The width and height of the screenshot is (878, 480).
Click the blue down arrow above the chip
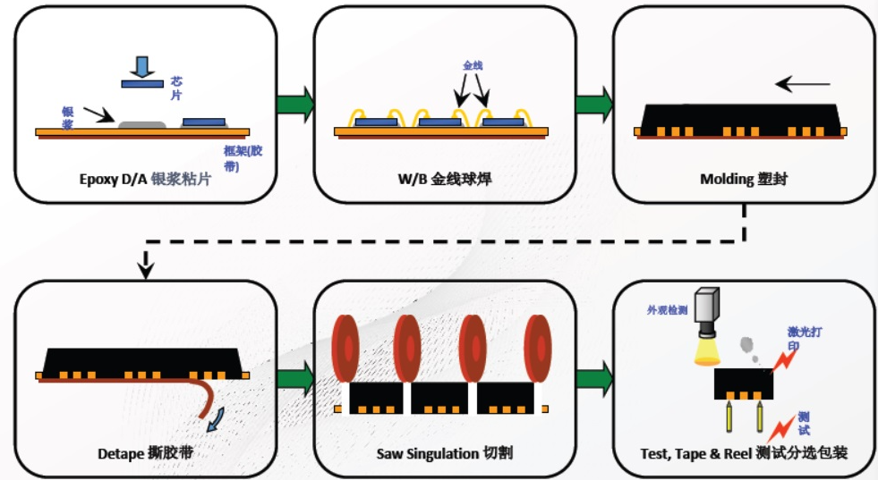142,66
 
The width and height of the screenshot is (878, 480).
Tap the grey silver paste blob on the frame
142,124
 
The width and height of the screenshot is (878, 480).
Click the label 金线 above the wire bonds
473,65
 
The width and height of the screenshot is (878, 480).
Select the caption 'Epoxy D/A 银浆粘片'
145,179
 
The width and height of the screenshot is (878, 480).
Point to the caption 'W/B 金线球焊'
445,179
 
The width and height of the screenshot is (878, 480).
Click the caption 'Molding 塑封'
744,179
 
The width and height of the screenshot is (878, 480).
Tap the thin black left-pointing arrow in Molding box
803,85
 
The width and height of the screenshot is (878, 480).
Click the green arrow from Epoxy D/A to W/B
295,104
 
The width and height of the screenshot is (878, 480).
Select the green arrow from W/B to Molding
594,104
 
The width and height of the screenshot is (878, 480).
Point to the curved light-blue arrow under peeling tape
216,419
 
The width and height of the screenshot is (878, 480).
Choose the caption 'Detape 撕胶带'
146,452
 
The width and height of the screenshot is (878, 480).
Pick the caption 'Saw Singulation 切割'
445,452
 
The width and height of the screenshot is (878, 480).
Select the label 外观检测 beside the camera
667,309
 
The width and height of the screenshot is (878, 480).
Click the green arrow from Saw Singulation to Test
594,379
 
